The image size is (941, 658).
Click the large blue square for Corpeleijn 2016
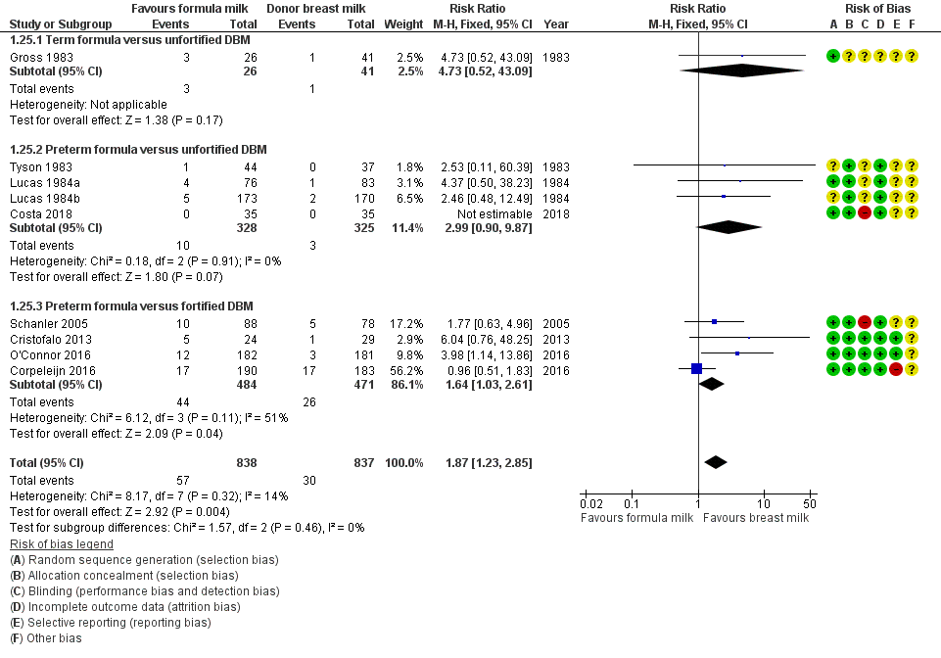pyautogui.click(x=696, y=368)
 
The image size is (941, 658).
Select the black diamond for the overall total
pyautogui.click(x=716, y=462)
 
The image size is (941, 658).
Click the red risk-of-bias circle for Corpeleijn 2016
pyautogui.click(x=896, y=368)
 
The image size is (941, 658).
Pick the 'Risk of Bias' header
pyautogui.click(x=871, y=8)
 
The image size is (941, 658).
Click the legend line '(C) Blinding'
pyautogui.click(x=145, y=590)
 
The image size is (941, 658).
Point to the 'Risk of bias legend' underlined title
pyautogui.click(x=61, y=543)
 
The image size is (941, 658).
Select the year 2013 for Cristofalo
pyautogui.click(x=555, y=337)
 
